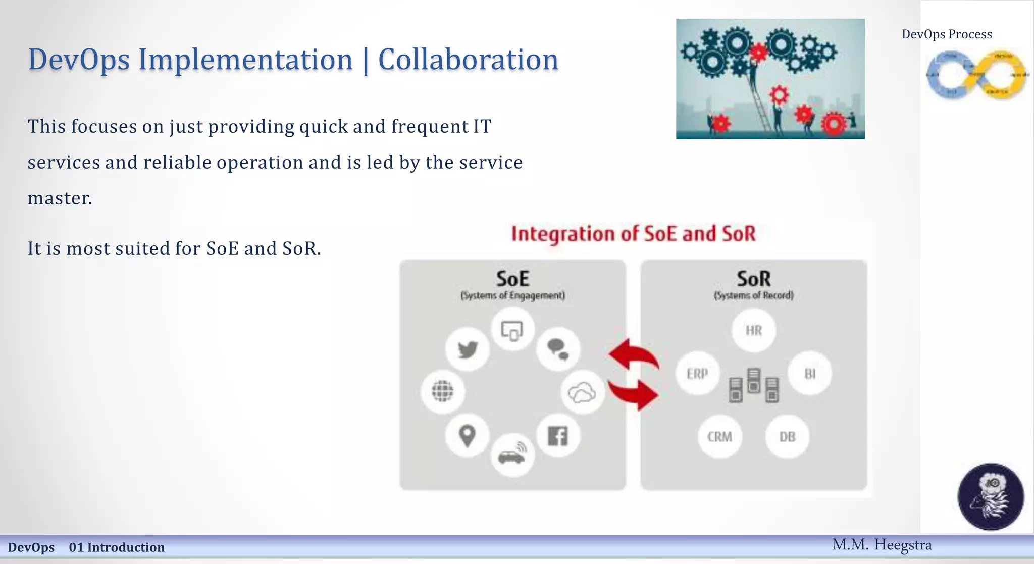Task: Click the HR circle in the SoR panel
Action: [x=753, y=331]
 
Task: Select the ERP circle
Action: [x=697, y=374]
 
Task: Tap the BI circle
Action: [x=810, y=374]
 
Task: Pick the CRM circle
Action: [x=719, y=437]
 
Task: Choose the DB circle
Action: [x=787, y=437]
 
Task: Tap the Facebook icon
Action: [x=558, y=436]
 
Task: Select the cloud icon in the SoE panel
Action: [x=582, y=392]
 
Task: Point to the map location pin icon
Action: [x=467, y=436]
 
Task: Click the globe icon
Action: [x=443, y=391]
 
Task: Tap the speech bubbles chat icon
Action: [x=558, y=349]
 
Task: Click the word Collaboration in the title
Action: [x=468, y=60]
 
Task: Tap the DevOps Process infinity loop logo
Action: [x=976, y=75]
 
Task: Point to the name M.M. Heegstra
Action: [x=882, y=545]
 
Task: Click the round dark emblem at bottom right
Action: [x=991, y=497]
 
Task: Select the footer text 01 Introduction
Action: [x=117, y=547]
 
